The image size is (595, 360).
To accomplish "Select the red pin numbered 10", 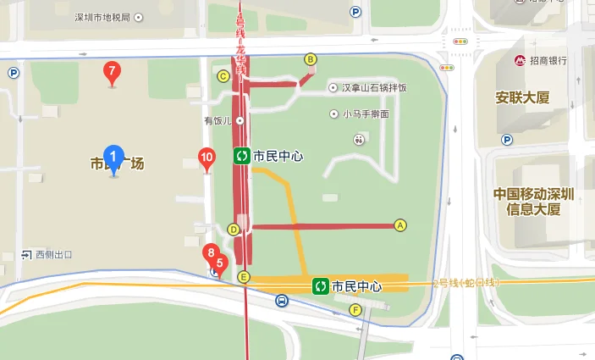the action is [206, 158].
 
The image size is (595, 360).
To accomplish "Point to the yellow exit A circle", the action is [400, 225].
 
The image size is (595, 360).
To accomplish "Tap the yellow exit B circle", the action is [311, 58].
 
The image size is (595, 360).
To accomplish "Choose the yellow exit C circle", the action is [224, 76].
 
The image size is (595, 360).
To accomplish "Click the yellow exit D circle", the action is [234, 230].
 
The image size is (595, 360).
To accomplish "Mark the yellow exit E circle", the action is [244, 277].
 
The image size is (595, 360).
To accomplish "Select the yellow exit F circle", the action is [355, 309].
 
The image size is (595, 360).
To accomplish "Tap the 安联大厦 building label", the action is [522, 97].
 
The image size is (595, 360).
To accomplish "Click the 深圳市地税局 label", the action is [102, 18].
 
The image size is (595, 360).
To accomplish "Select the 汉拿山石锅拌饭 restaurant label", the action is [373, 88].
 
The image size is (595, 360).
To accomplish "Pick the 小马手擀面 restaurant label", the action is [365, 114].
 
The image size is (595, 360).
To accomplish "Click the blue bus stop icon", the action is [281, 300].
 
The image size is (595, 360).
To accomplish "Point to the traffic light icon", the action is [461, 41].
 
